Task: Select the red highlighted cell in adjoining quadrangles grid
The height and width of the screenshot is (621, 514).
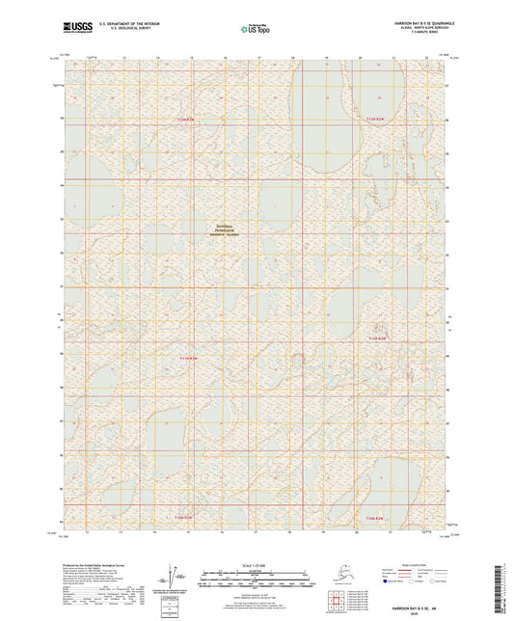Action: (342, 604)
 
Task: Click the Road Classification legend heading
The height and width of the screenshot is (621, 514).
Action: (400, 562)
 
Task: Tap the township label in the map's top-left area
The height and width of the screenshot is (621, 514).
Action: (186, 119)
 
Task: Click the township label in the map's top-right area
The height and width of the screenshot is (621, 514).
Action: (376, 119)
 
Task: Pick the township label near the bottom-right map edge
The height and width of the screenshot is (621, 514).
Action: (376, 517)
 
